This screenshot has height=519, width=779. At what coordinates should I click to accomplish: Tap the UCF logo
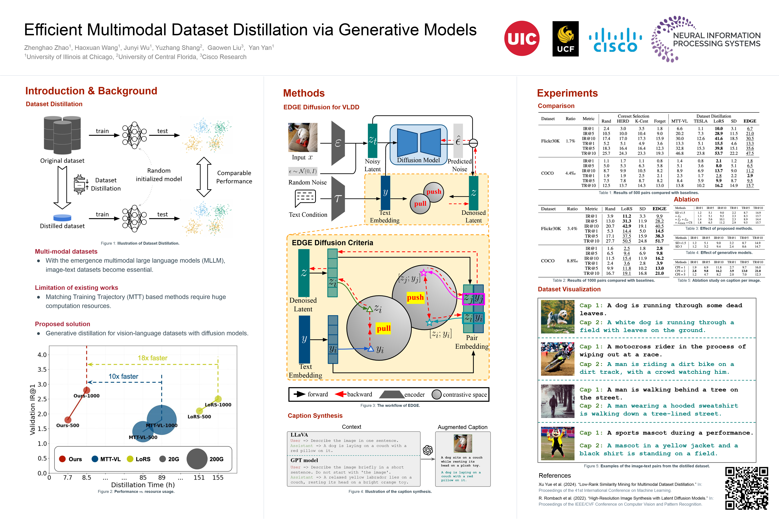[565, 39]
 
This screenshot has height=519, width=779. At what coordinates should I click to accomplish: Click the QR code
[747, 488]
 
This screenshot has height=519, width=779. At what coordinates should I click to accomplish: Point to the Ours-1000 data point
[86, 390]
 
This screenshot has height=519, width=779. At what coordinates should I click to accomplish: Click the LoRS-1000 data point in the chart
[218, 399]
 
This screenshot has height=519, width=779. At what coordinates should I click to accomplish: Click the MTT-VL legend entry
[106, 459]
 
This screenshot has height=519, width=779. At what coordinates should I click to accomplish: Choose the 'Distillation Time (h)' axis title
[143, 485]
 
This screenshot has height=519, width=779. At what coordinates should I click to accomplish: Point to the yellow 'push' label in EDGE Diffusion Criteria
[415, 297]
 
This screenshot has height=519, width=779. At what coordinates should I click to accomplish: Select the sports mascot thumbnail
[557, 443]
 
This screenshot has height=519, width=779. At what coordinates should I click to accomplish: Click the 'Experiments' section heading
[567, 93]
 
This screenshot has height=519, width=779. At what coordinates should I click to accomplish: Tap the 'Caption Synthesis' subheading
[315, 416]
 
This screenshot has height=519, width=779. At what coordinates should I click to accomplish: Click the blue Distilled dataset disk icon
[62, 218]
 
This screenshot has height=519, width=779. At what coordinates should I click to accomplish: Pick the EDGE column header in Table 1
[750, 121]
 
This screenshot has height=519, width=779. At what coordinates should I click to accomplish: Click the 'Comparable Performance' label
[234, 177]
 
